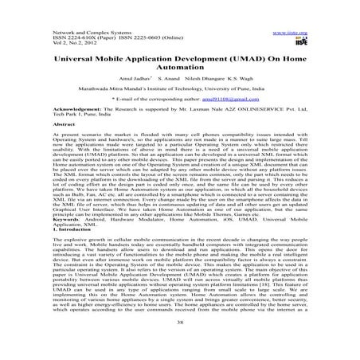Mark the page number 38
pos(179,344)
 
